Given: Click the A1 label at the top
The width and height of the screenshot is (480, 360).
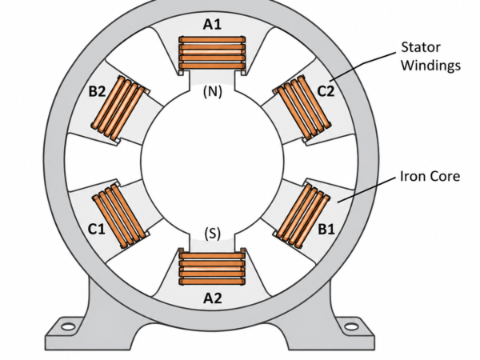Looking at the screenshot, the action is tap(212, 24).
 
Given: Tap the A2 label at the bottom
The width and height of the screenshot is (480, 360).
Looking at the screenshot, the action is tap(213, 298).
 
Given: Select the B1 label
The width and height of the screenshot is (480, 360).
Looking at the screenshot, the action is tap(326, 229).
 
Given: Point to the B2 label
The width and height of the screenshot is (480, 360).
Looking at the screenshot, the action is tap(97, 91).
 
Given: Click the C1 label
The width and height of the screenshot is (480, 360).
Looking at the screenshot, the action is tap(97, 229).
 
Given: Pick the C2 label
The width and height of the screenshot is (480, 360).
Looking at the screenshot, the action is tap(326, 91).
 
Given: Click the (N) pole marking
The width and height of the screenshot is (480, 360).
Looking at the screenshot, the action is tap(213, 91).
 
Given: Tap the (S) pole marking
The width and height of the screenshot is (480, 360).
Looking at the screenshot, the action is tap(213, 234).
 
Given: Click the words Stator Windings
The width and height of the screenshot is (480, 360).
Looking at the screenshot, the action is tap(430, 56).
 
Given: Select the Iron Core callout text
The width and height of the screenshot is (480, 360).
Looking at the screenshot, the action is tap(430, 176).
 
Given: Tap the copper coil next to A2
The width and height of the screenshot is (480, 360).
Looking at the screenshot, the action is tap(212, 266).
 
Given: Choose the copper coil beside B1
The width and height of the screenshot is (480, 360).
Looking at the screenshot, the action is tap(302, 215).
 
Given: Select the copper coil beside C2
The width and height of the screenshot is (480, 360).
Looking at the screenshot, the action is tap(302, 109).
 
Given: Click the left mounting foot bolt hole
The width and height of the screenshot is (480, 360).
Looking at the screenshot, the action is tap(68, 326).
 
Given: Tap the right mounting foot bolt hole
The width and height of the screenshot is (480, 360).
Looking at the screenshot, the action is tap(351, 326).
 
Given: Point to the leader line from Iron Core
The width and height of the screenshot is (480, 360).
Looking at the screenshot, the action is tap(366, 190).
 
